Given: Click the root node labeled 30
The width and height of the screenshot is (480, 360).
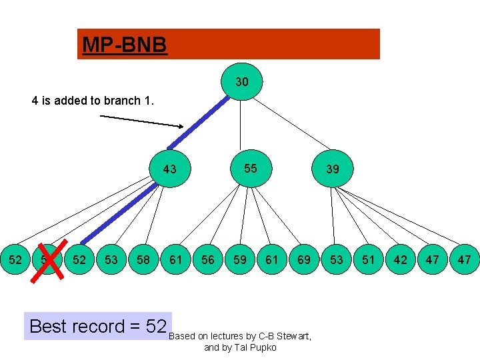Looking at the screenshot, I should pos(242,82).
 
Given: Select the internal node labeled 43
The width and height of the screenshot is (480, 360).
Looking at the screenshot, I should pos(170,169).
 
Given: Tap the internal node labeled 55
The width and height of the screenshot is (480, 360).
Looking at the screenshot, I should pos(250,168).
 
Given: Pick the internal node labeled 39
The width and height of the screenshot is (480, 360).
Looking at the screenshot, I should pos(332,169).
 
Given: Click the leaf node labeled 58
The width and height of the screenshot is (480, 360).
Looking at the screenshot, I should pos(143,259).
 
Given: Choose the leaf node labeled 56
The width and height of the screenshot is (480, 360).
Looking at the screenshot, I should pos(208,259).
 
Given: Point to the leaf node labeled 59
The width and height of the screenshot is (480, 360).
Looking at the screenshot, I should pos(239,259).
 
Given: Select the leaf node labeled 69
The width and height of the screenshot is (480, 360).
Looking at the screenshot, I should pos(304,259).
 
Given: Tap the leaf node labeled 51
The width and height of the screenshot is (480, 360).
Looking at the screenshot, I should pos(368,259).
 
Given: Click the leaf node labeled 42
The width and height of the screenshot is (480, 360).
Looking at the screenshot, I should pos(400,259).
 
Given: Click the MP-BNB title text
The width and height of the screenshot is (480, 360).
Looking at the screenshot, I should pos(124,45).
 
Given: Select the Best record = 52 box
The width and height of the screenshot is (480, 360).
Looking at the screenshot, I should pos(97,326).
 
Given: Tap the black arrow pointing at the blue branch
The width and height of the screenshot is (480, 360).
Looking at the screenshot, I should pos(141,121).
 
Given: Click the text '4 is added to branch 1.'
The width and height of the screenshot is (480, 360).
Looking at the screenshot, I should pos(93,101).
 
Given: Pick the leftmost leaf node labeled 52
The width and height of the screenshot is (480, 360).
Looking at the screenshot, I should pos(14,259).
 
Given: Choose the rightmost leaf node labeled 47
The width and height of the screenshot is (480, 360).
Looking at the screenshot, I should pos(464,259).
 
